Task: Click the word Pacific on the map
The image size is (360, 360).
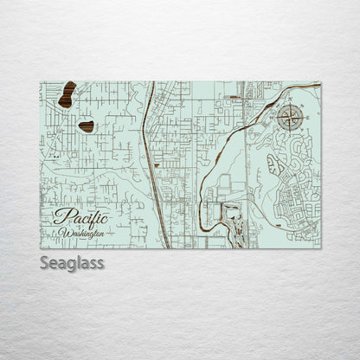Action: coord(80,217)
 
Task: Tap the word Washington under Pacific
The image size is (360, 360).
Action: coord(83,233)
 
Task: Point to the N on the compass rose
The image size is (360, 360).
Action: coord(290,106)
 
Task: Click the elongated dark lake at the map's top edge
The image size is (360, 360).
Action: coord(67,94)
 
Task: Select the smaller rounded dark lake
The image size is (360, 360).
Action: coord(87,126)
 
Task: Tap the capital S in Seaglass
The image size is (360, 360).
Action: coord(45,262)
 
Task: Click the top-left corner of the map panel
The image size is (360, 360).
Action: coord(41,82)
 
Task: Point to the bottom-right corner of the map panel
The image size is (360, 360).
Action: coord(320,247)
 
